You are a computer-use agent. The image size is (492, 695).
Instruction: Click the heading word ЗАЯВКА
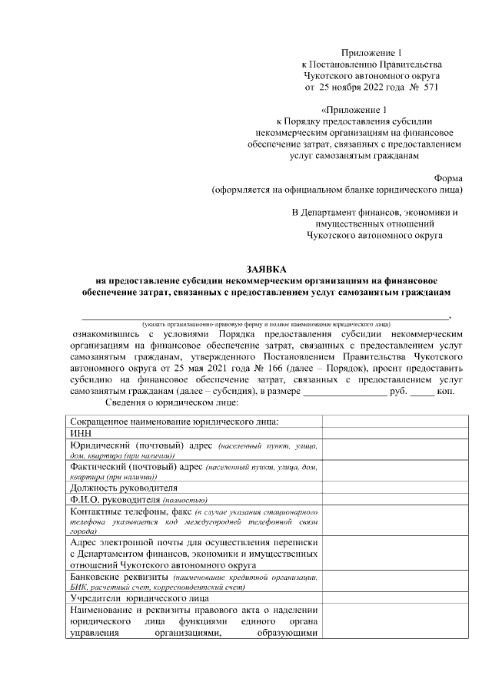click(265, 270)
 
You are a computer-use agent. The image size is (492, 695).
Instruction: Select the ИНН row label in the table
click(80, 433)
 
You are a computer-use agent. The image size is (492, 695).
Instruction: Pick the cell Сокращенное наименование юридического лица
click(174, 421)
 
